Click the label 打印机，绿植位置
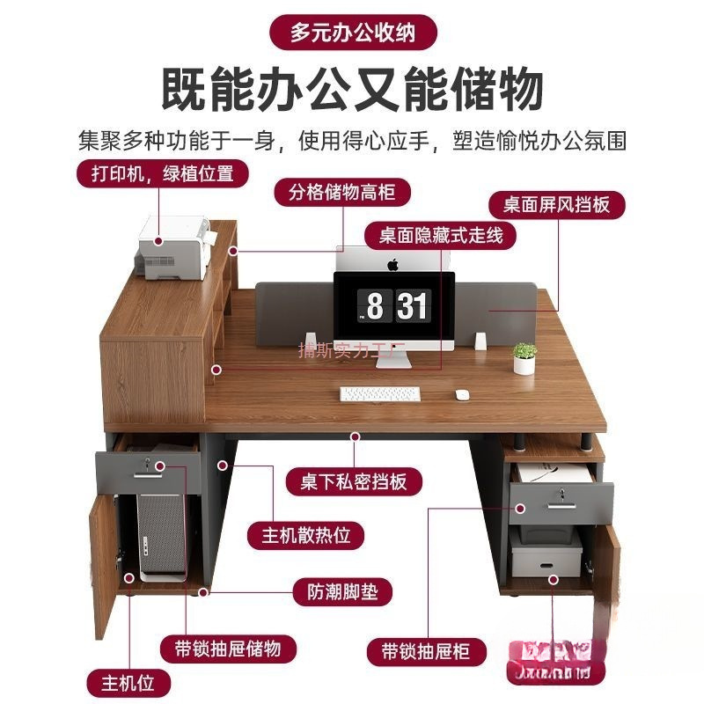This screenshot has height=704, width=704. tap(161, 173)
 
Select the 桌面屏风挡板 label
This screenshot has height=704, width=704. tap(556, 204)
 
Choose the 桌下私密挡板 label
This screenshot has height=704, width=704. tap(353, 481)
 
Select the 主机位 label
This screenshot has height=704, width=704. tap(127, 680)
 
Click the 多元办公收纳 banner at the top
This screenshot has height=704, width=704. tap(353, 33)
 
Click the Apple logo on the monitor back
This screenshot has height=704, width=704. tap(392, 263)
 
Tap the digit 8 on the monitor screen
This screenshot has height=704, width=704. tap(375, 306)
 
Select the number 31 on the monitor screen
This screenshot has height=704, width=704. tap(412, 306)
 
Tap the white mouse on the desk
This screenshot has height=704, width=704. tap(461, 395)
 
